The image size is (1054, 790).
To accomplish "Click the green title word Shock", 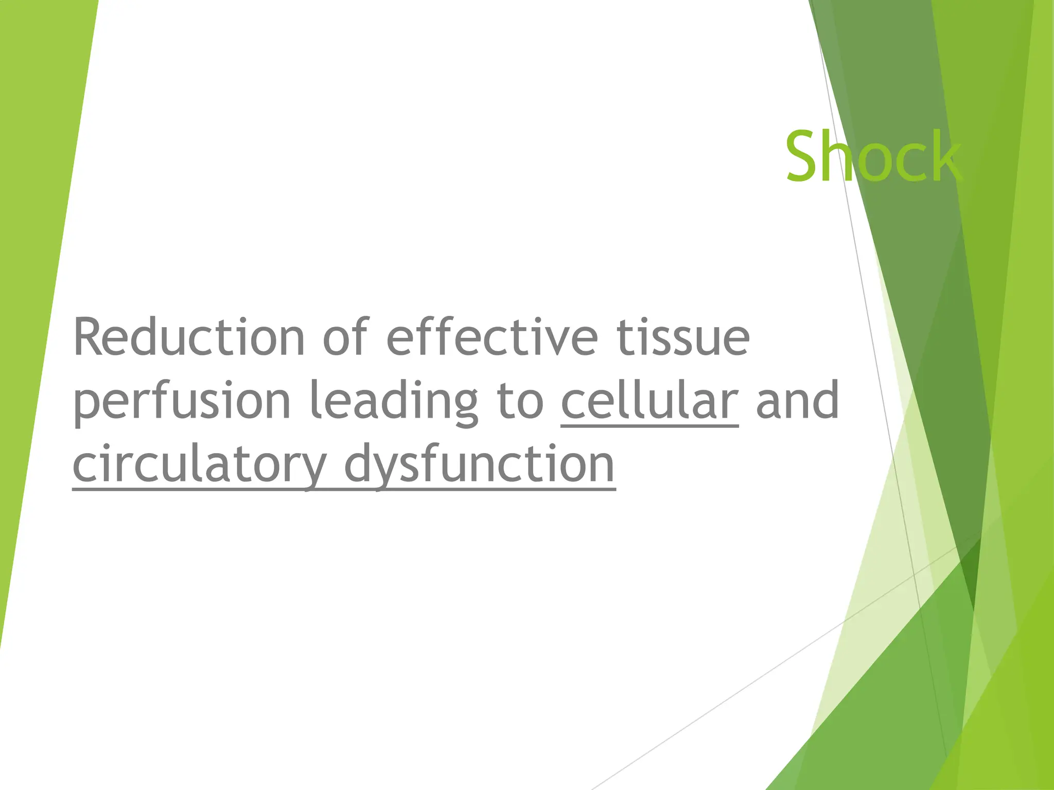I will coord(873,156).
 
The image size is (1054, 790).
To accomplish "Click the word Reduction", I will coord(189,337).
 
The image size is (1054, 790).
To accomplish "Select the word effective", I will coord(492,337).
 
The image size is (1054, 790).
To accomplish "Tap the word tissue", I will coord(682,337).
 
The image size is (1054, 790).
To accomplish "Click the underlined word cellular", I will coord(649,400).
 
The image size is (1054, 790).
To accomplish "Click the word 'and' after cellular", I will coord(798,400).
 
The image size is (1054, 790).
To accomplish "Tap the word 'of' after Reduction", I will coord(345,337).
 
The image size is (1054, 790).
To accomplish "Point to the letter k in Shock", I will coord(945,156).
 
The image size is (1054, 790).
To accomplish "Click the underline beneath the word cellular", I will coord(649,426).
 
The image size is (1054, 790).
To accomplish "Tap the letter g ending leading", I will coord(462,406).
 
